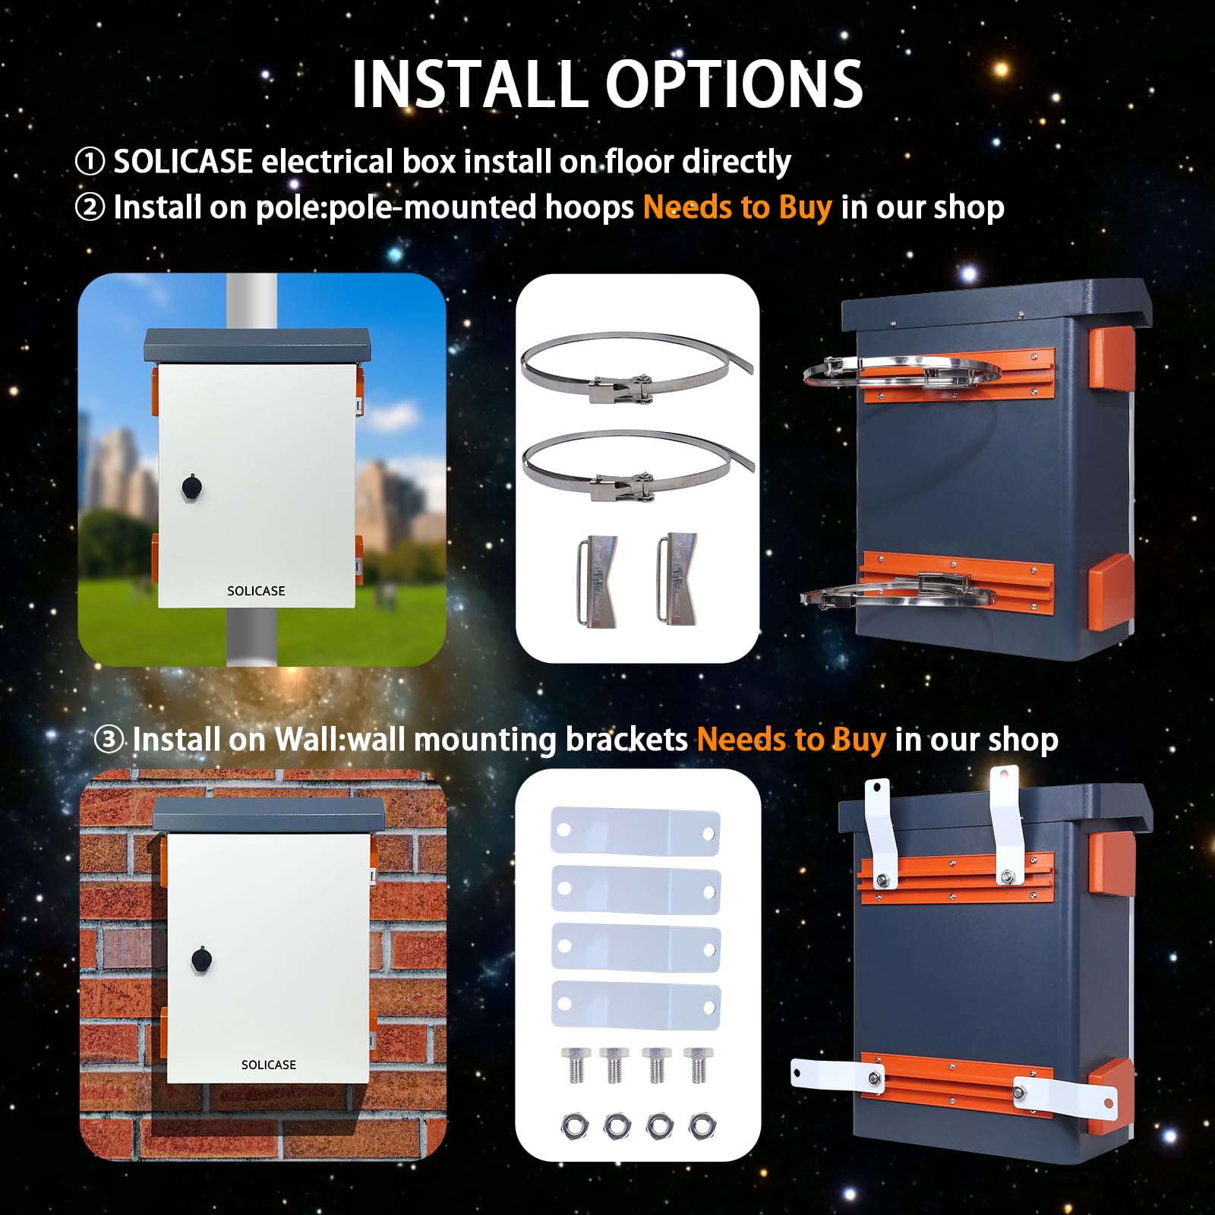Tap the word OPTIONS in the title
tap(734, 84)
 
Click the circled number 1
tap(90, 162)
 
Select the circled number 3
tap(109, 739)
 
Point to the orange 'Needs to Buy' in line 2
tap(737, 207)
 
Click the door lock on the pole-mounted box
tap(191, 487)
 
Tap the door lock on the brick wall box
tap(200, 960)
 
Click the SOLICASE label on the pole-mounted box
tap(256, 591)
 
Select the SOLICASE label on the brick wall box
tap(269, 1065)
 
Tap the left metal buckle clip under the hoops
tap(597, 581)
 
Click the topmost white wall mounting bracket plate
tap(636, 832)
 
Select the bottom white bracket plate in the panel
tap(636, 1005)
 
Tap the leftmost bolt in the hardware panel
tap(573, 1065)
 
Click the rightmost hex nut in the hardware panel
tap(701, 1125)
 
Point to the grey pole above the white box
tap(251, 301)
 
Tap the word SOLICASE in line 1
tap(183, 161)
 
